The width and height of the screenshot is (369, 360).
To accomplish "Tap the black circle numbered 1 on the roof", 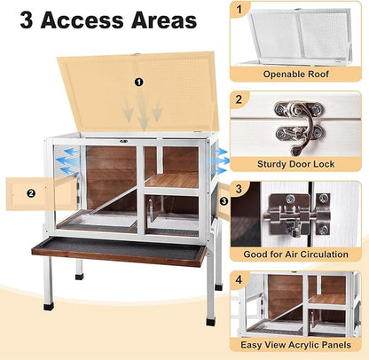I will [x=138, y=82].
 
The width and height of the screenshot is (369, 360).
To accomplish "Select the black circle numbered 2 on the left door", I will [x=30, y=192].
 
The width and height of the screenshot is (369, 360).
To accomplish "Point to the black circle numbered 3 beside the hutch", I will [x=223, y=201].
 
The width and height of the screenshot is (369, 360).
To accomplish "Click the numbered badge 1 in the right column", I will [x=238, y=9].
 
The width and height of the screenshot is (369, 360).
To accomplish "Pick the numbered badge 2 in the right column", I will [x=238, y=99].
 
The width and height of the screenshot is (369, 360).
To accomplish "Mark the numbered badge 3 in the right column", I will [x=238, y=190].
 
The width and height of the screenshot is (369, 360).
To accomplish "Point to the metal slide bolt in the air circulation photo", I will [x=294, y=218].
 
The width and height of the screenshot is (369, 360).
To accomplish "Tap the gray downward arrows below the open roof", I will [x=143, y=112].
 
